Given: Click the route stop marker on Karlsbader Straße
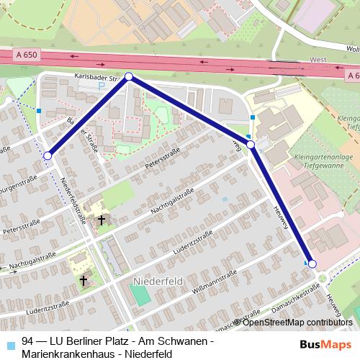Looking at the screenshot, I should coord(129,76).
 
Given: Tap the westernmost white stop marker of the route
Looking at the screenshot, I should coord(48,156).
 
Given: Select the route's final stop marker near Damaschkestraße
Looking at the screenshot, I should coord(312,264).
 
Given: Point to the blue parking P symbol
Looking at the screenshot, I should coord(102,86).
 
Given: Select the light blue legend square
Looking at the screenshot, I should coord(9,341).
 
